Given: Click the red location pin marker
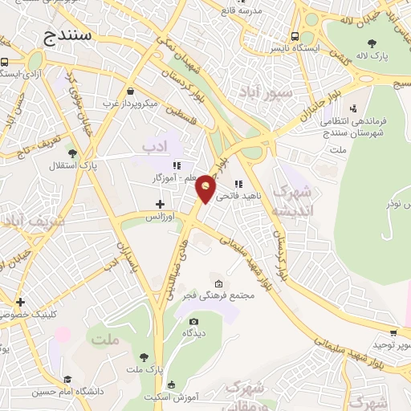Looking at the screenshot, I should coord(206,188).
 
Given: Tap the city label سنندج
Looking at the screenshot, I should coord(70,37).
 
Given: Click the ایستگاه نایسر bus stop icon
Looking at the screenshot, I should coord(296,36).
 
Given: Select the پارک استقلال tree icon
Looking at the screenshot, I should coord(72,153).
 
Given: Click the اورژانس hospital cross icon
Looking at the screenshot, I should coord(160,204).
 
